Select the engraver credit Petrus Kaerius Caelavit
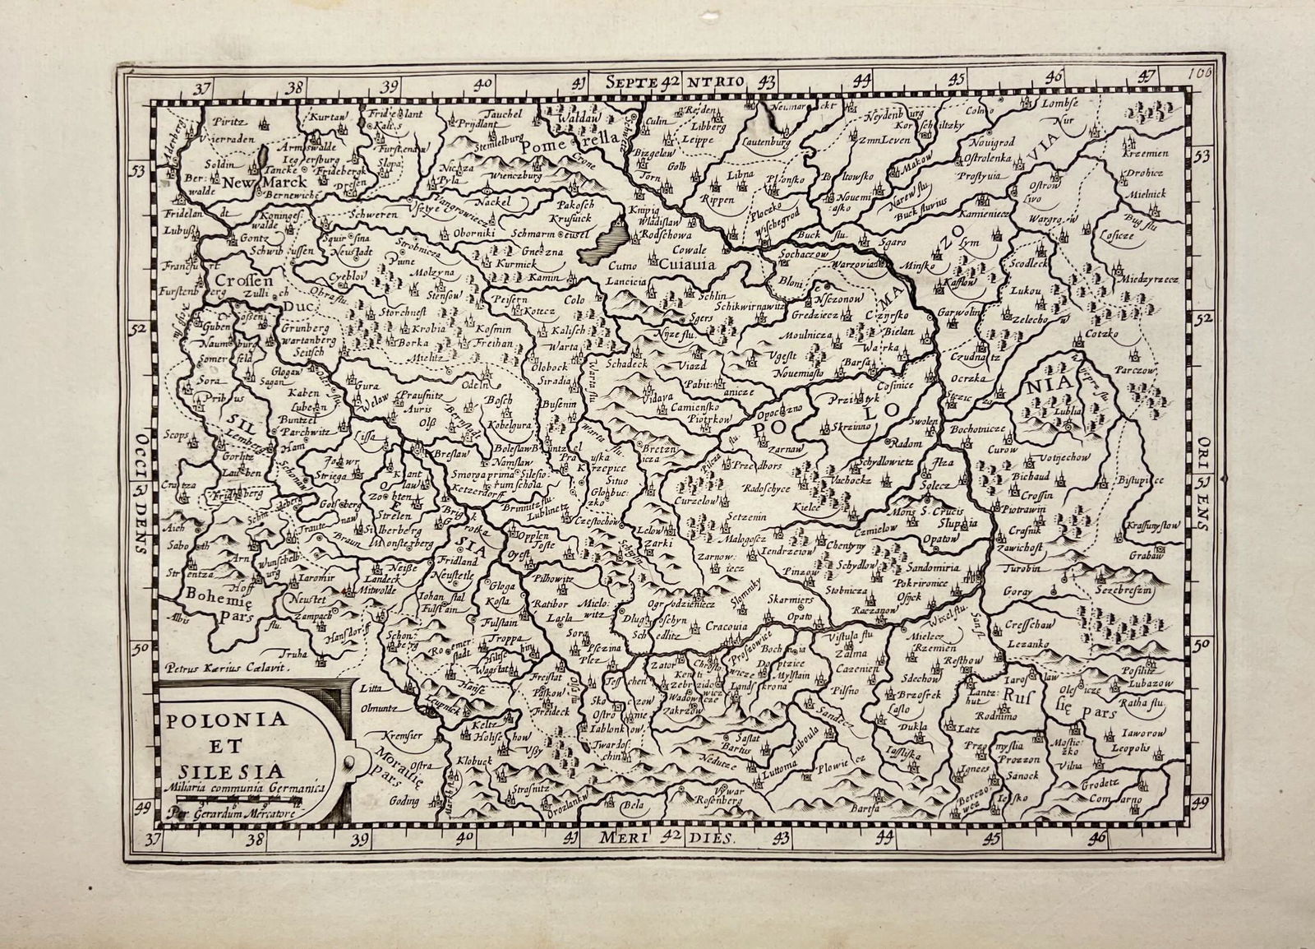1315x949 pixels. [228, 668]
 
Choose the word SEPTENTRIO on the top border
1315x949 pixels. [674, 81]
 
